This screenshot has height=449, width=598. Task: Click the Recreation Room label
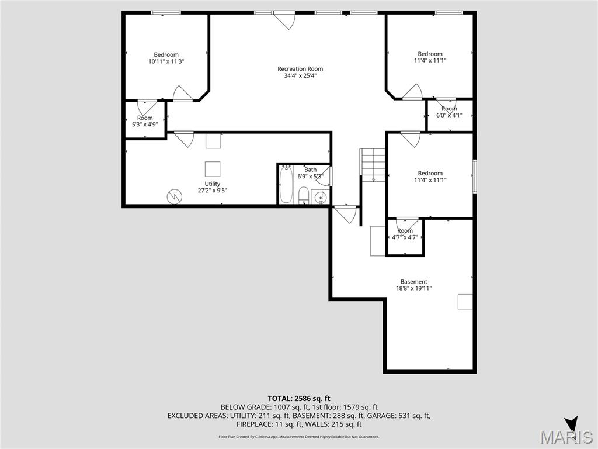point(300,69)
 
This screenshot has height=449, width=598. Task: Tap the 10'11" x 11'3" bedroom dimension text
point(166,61)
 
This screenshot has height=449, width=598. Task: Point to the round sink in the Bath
point(320,198)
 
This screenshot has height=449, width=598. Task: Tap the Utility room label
point(212,184)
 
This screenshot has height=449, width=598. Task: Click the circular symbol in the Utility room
point(174,196)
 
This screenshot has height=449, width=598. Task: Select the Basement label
point(413,281)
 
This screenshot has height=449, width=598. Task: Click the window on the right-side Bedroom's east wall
point(475,175)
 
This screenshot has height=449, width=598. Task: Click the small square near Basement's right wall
point(465,301)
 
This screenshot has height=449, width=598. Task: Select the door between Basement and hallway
point(345,215)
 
